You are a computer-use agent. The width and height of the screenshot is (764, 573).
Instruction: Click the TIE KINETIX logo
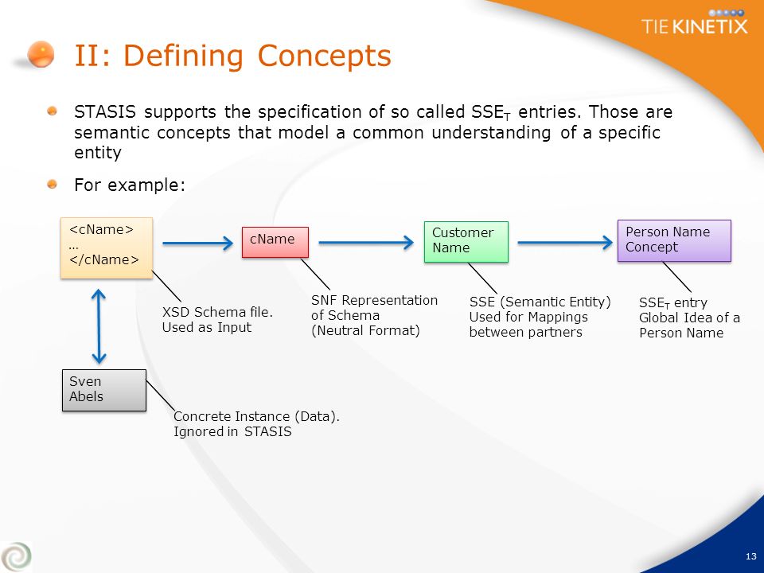pyautogui.click(x=694, y=22)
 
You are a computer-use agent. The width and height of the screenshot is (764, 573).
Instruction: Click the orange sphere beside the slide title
pyautogui.click(x=41, y=53)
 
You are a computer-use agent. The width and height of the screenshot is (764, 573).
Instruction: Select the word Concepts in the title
pyautogui.click(x=324, y=56)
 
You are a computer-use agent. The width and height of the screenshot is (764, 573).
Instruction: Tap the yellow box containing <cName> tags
pyautogui.click(x=107, y=248)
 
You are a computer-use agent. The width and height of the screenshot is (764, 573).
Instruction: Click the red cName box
pyautogui.click(x=275, y=242)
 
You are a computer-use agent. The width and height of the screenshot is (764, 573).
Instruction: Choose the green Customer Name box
pyautogui.click(x=466, y=242)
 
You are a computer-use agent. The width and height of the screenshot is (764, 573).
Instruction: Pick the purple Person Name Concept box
pyautogui.click(x=674, y=240)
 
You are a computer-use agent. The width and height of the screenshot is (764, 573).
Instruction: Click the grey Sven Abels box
pyautogui.click(x=104, y=390)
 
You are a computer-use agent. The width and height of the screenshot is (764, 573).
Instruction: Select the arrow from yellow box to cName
pyautogui.click(x=198, y=244)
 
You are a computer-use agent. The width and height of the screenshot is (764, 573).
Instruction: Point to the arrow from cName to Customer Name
pyautogui.click(x=366, y=242)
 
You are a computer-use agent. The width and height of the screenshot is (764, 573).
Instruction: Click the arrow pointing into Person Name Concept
pyautogui.click(x=565, y=242)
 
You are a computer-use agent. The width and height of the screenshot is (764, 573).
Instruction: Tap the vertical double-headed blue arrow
pyautogui.click(x=99, y=326)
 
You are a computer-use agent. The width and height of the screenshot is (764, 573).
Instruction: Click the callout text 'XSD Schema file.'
pyautogui.click(x=217, y=312)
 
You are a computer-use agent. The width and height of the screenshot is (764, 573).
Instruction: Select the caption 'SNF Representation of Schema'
pyautogui.click(x=374, y=307)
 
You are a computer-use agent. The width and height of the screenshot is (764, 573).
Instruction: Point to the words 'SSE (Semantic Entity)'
pyautogui.click(x=540, y=302)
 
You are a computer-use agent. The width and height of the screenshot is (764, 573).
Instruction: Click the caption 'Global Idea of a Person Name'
pyautogui.click(x=689, y=325)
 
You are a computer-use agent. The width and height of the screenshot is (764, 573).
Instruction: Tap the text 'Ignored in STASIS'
pyautogui.click(x=232, y=431)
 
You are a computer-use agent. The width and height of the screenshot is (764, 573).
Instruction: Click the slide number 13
pyautogui.click(x=750, y=556)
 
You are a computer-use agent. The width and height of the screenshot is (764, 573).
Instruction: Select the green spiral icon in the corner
pyautogui.click(x=16, y=556)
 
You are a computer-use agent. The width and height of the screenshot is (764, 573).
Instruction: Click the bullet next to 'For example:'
pyautogui.click(x=53, y=184)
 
